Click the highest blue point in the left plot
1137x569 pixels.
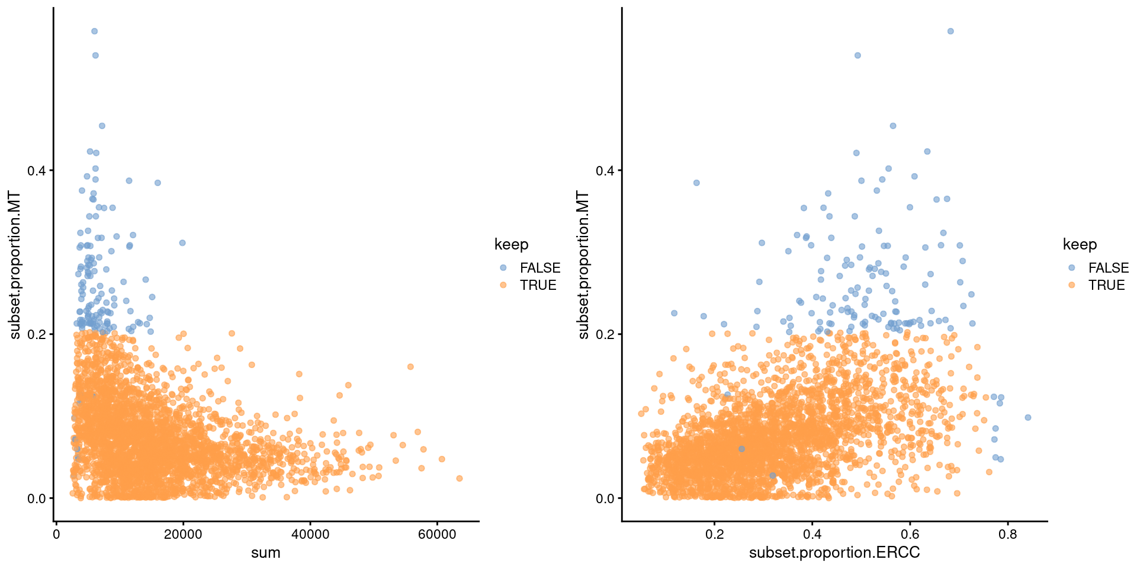[x=94, y=31]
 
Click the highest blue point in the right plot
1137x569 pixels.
[x=950, y=31]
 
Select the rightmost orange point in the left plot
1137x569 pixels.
[x=459, y=478]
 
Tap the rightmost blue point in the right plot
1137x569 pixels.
[x=1028, y=418]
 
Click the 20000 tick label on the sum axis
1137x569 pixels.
[x=183, y=535]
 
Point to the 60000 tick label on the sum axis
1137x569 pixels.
[x=437, y=535]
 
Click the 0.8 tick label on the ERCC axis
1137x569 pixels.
[x=1007, y=535]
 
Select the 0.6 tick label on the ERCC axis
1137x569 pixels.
[x=910, y=535]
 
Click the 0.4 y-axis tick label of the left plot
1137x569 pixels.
[x=36, y=171]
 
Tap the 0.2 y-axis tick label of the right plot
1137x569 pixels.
[x=605, y=334]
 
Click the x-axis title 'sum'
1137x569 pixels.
[x=265, y=553]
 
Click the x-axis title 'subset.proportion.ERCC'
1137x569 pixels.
[x=834, y=553]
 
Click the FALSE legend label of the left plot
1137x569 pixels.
[x=539, y=268]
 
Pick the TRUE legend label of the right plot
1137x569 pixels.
[x=1106, y=285]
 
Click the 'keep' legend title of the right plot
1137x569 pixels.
[x=1080, y=244]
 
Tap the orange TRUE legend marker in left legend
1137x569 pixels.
[x=503, y=285]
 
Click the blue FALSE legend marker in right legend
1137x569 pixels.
[x=1071, y=268]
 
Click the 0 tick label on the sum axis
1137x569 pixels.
[x=56, y=535]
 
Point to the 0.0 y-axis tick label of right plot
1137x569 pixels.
[x=605, y=498]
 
